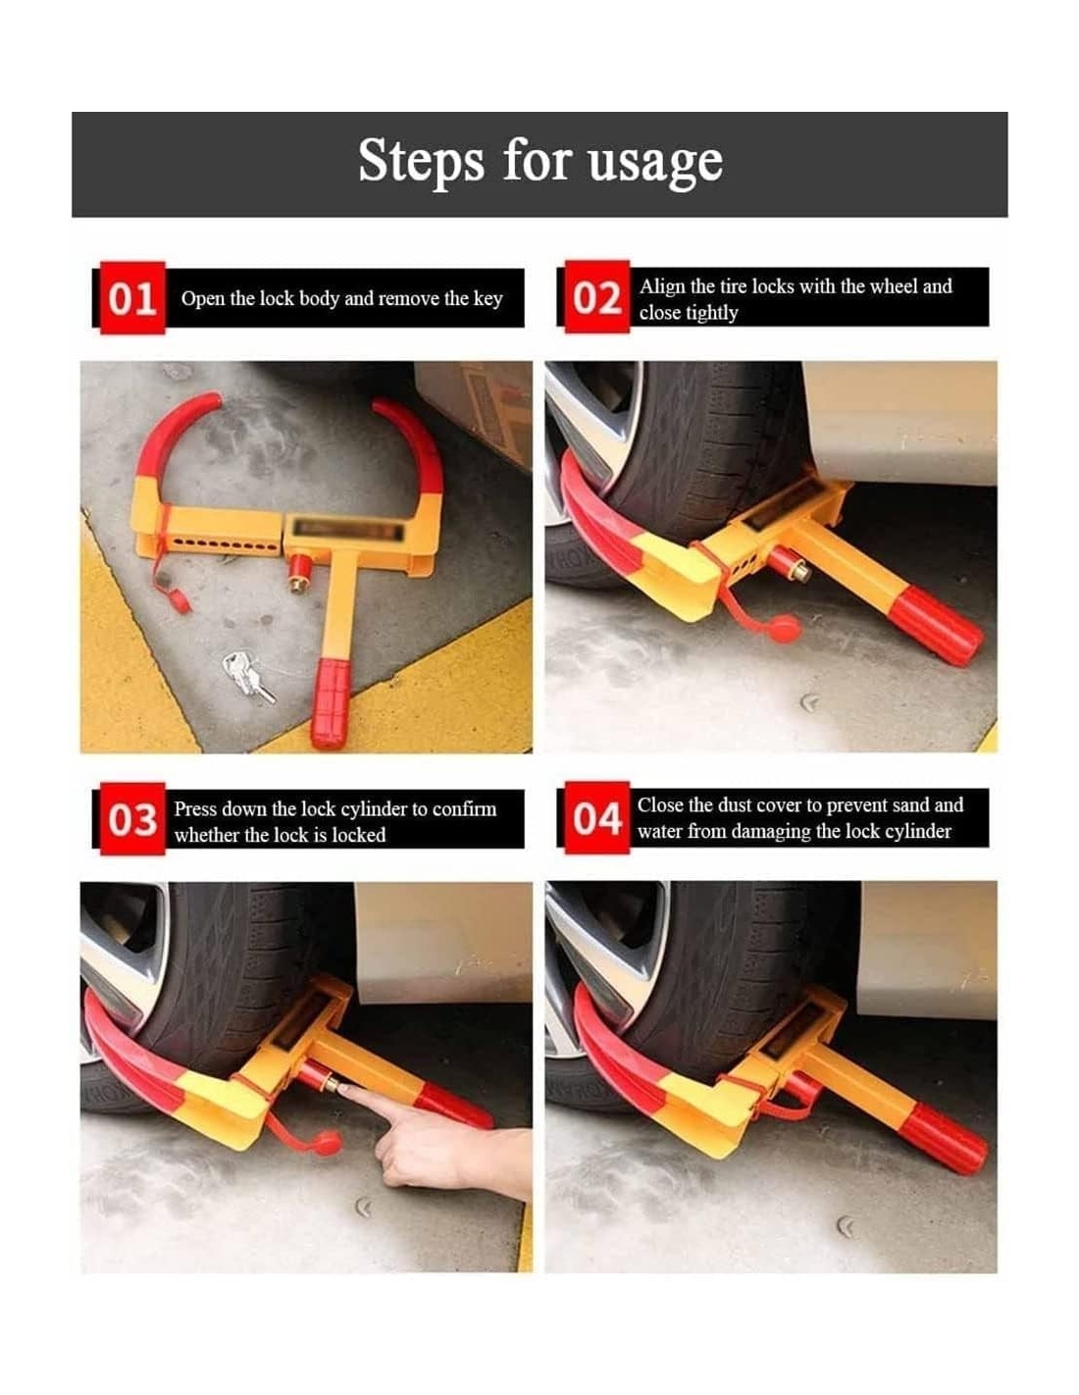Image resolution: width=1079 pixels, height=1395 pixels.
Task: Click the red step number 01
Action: [132, 298]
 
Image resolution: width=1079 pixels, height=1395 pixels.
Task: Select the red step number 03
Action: [132, 819]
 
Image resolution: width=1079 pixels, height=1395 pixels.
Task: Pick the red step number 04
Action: [596, 818]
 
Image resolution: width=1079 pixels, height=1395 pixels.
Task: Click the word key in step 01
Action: [488, 299]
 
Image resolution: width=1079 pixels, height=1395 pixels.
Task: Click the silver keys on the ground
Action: [248, 675]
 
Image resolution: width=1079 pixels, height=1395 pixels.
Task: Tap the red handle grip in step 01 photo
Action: [332, 702]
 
